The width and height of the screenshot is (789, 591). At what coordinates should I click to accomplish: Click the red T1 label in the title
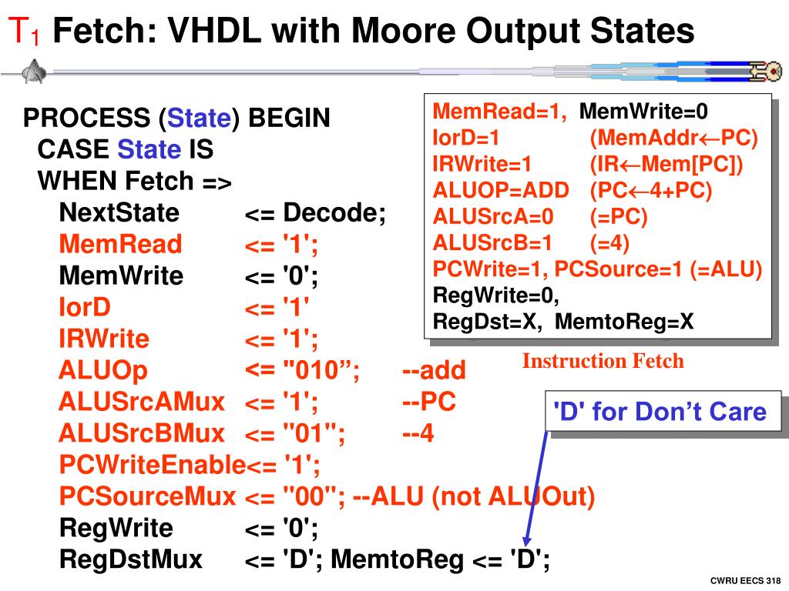pyautogui.click(x=24, y=33)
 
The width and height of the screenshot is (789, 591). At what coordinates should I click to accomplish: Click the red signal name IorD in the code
pyautogui.click(x=85, y=308)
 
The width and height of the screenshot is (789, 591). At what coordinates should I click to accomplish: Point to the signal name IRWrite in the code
pyautogui.click(x=104, y=339)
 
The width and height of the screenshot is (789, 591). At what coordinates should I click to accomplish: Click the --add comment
pyautogui.click(x=434, y=371)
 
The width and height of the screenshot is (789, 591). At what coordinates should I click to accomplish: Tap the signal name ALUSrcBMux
pyautogui.click(x=142, y=434)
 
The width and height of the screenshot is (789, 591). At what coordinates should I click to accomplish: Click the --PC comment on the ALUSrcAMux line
pyautogui.click(x=429, y=402)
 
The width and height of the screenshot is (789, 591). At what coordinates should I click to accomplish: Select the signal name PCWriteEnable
pyautogui.click(x=152, y=465)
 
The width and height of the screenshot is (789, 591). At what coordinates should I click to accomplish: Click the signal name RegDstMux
pyautogui.click(x=131, y=559)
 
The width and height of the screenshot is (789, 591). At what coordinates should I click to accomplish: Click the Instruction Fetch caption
pyautogui.click(x=603, y=361)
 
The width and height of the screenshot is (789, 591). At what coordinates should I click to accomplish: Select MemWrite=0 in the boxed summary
pyautogui.click(x=643, y=112)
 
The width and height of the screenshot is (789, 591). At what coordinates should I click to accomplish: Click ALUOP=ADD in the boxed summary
pyautogui.click(x=501, y=191)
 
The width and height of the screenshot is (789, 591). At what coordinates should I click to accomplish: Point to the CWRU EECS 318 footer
pyautogui.click(x=745, y=579)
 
